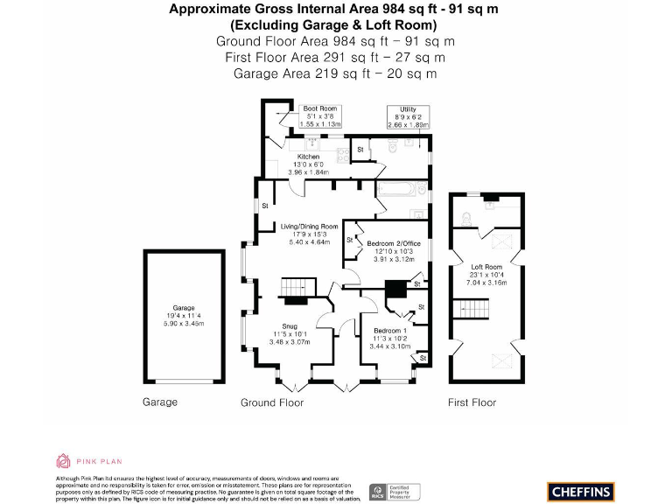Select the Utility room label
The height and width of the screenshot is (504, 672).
tap(408, 108)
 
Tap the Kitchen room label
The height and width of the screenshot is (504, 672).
tap(308, 157)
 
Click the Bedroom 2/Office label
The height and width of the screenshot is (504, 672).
tap(394, 242)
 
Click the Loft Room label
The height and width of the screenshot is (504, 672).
tap(486, 267)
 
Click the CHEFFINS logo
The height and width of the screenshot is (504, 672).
tap(580, 492)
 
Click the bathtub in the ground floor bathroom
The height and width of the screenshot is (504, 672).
tap(400, 189)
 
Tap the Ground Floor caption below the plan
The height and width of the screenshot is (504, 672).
tap(272, 402)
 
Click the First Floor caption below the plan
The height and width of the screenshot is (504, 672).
tap(472, 402)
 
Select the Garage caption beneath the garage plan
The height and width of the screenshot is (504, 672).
tap(159, 402)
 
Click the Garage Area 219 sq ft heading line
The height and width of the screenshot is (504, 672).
tap(335, 73)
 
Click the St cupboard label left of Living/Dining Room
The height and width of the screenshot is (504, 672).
tap(264, 206)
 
